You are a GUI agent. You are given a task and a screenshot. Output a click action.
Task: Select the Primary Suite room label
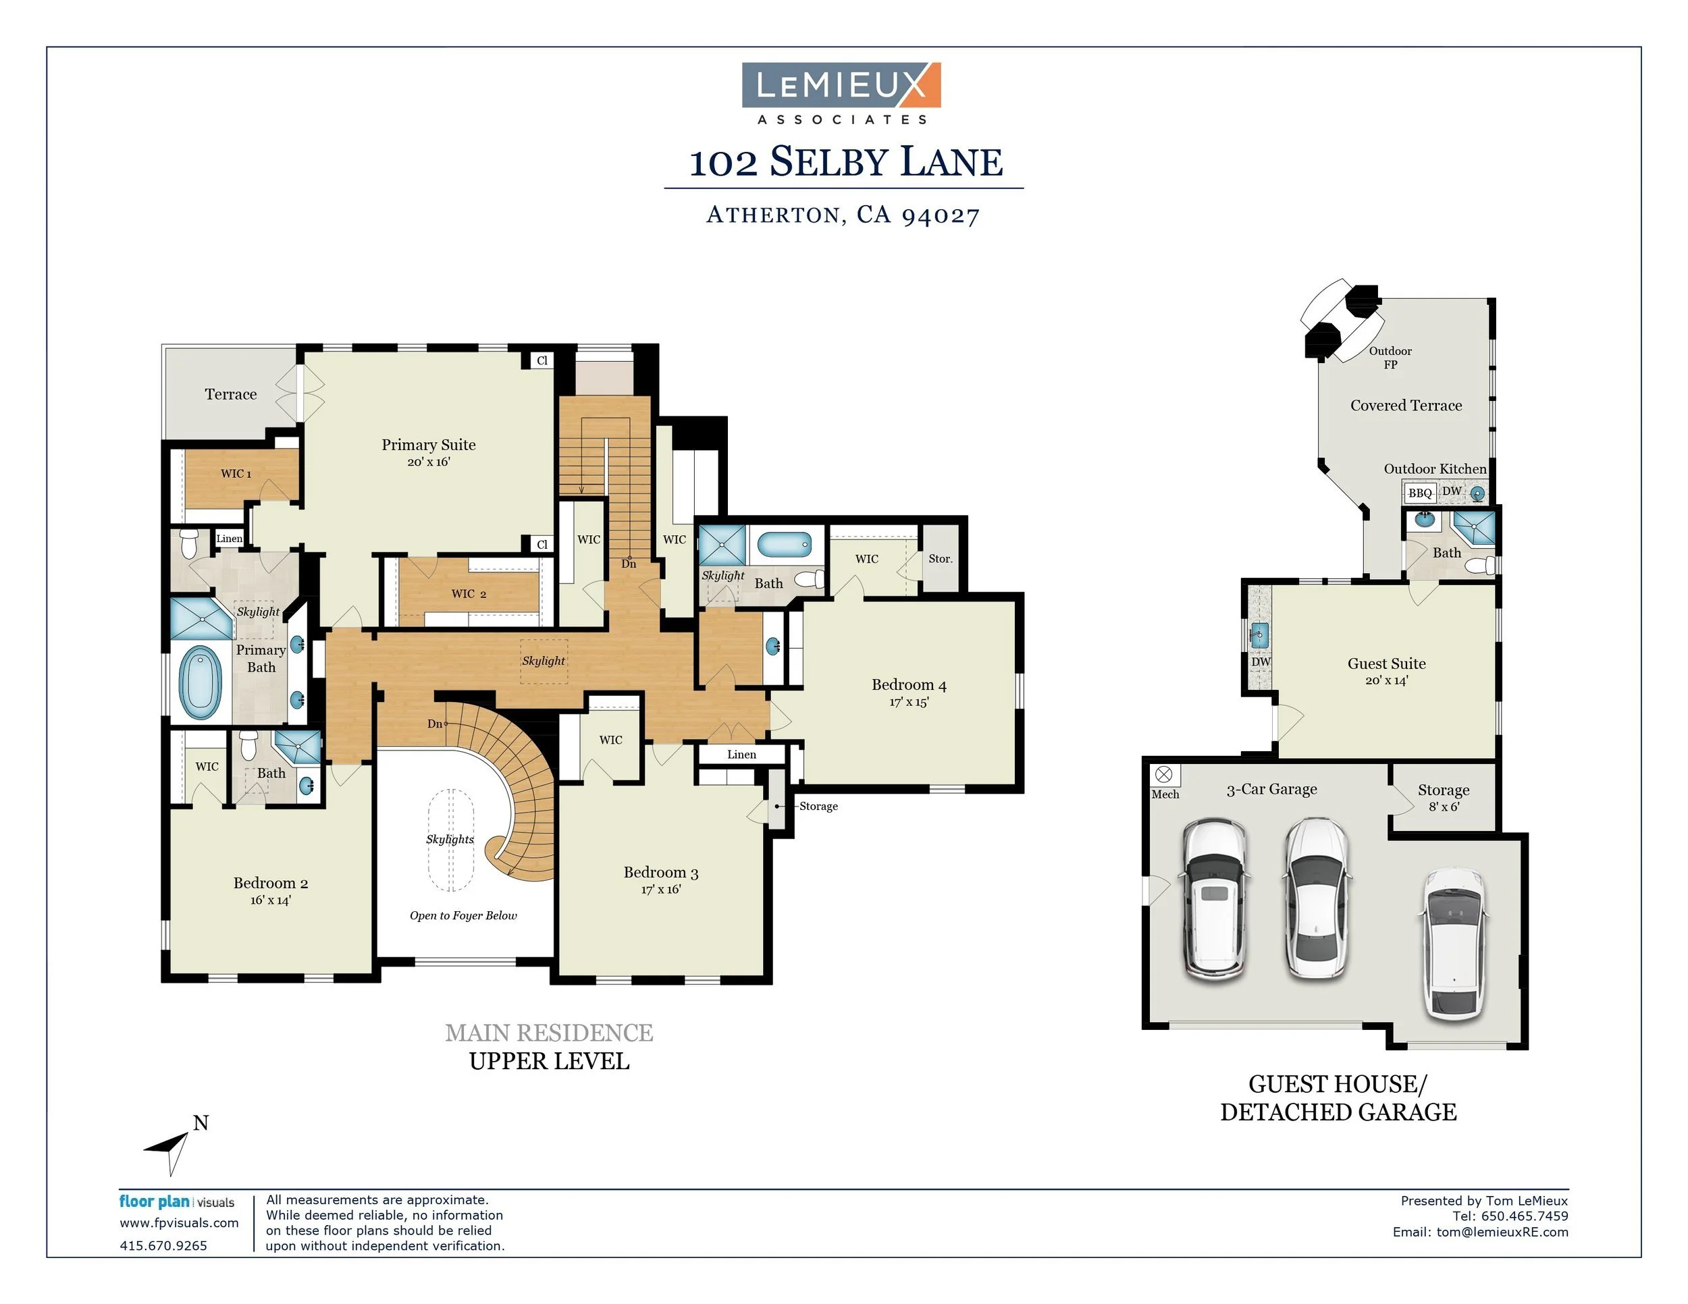point(428,445)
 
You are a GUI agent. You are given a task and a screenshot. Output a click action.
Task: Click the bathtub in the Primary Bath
point(200,682)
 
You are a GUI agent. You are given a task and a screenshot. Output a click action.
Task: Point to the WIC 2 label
point(469,593)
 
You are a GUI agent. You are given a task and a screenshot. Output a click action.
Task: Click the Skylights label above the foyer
point(450,839)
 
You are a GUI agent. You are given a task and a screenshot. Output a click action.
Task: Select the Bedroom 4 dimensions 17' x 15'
point(909,702)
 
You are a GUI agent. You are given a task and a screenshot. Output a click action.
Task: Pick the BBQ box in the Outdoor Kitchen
point(1419,493)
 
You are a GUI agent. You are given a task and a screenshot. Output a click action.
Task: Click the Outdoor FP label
point(1390,358)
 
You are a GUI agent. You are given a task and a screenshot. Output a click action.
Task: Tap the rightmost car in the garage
point(1454,944)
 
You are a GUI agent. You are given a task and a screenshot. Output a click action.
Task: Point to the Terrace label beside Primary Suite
point(230,394)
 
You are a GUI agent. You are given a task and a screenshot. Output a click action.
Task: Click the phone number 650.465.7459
point(1524,1216)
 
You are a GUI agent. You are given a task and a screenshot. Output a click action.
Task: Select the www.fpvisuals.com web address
point(178,1223)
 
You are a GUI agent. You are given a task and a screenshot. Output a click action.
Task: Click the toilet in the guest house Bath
point(1480,566)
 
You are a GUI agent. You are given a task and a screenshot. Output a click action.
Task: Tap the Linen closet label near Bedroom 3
point(741,754)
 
